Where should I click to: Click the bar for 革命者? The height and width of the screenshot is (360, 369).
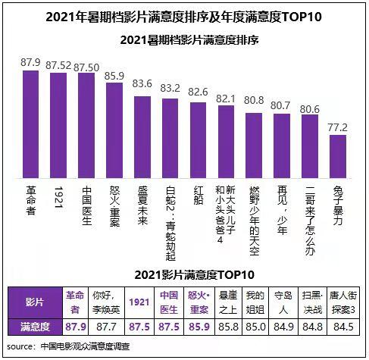[x=31, y=121]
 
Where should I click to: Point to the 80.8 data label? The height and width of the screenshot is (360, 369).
[x=253, y=99]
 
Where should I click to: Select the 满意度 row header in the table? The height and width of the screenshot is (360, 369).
[x=36, y=327]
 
